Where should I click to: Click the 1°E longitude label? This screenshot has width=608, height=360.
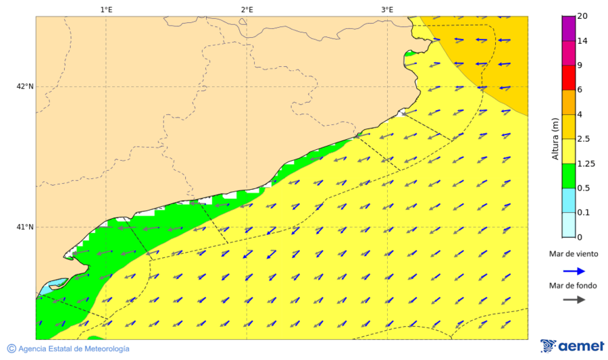[x=106, y=9]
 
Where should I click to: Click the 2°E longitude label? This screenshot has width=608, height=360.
[x=247, y=9]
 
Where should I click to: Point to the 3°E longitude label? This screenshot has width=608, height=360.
[x=387, y=9]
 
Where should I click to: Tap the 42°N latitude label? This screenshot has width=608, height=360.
[x=25, y=86]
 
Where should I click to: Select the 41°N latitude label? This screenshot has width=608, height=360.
[x=25, y=227]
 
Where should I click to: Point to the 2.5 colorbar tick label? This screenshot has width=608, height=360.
[x=585, y=139]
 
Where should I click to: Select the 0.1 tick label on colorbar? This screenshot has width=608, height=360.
[x=585, y=213]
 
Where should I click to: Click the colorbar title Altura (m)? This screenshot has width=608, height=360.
[x=555, y=138]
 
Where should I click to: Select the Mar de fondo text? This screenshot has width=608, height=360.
[x=573, y=286]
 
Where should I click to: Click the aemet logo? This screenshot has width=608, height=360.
[x=572, y=346]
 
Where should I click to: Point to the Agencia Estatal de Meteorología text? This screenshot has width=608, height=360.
[x=73, y=349]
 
